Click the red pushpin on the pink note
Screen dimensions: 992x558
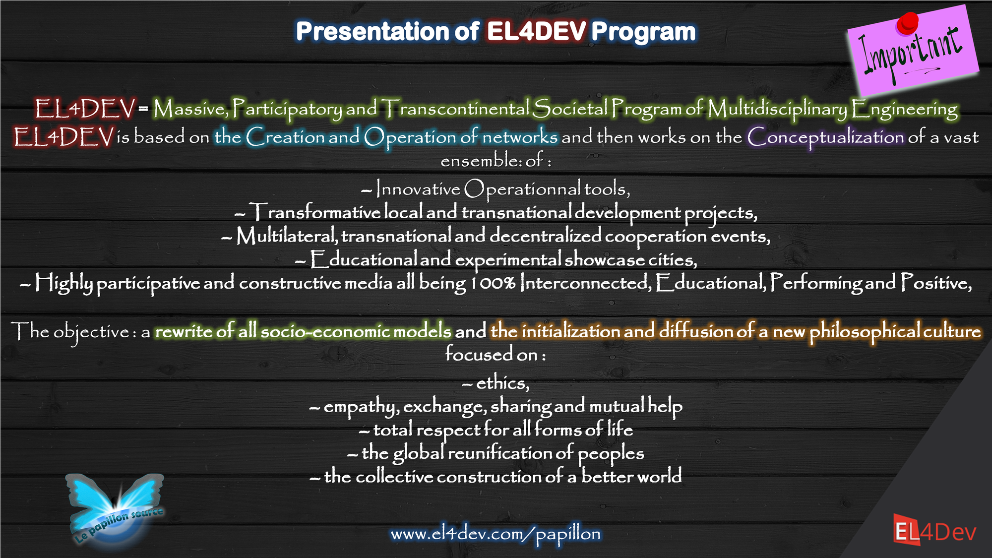coord(907,23)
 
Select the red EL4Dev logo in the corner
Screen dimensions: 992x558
coord(935,530)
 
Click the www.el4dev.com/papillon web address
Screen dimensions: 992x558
coord(496,534)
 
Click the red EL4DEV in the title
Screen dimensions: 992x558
coord(537,31)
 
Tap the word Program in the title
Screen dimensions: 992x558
coord(644,32)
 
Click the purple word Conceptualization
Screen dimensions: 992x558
coord(826,137)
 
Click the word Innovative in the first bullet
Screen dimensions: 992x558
coord(418,188)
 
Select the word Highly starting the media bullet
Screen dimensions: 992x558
coord(63,283)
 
